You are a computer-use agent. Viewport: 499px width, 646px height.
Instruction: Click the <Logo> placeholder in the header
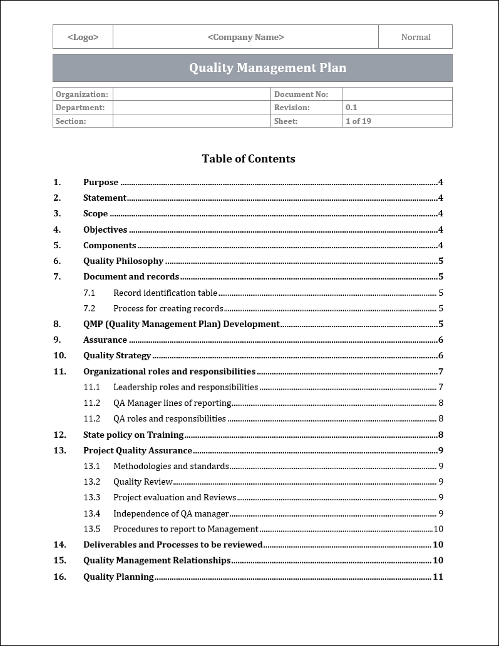(83, 37)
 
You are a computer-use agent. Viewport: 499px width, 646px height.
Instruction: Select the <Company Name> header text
(245, 37)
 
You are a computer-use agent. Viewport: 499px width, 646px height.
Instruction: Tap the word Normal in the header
(416, 37)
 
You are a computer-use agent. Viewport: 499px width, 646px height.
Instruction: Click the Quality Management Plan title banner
(267, 68)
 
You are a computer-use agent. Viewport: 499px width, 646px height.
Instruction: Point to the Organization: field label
(81, 94)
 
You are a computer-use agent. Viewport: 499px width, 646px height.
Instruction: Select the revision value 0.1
(351, 108)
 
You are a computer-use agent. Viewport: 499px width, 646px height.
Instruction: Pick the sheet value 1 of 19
(358, 121)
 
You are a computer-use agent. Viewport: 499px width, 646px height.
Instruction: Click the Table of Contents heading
(249, 159)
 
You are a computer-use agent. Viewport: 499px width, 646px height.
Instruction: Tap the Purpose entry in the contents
(101, 183)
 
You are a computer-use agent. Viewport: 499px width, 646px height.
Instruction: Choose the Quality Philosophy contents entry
(123, 261)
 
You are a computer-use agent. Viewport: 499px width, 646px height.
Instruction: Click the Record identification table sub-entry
(165, 293)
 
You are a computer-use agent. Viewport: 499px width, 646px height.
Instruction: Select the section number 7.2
(90, 308)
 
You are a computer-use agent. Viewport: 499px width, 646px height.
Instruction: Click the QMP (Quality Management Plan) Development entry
(181, 324)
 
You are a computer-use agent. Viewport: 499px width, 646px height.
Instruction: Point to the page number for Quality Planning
(438, 577)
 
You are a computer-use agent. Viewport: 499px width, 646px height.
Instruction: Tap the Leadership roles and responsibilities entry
(185, 387)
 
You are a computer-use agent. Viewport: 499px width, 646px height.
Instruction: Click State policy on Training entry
(133, 435)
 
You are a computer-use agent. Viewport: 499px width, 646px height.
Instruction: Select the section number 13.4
(91, 513)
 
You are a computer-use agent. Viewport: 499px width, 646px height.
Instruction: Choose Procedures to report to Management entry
(185, 529)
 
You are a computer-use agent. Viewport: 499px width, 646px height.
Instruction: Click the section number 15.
(59, 560)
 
